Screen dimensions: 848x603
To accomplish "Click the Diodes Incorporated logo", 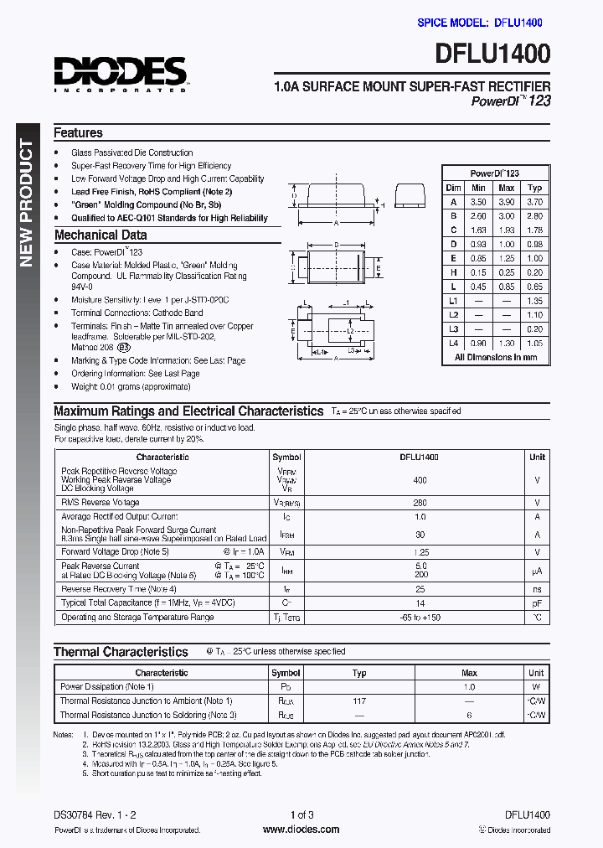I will click(x=121, y=73).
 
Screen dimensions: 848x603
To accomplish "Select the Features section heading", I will click(x=78, y=133).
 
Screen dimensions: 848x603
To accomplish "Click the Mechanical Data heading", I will click(x=100, y=235).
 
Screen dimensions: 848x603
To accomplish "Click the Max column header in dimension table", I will click(x=506, y=188).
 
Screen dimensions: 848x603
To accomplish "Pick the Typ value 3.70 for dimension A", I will click(x=535, y=202).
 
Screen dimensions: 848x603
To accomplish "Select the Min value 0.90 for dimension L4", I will click(x=478, y=344).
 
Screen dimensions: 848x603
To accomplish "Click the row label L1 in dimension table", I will click(x=454, y=301).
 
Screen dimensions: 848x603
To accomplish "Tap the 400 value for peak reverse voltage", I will click(x=420, y=480).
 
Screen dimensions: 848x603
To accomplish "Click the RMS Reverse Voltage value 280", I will click(x=420, y=503).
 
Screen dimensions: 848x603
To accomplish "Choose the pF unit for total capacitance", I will click(x=537, y=603).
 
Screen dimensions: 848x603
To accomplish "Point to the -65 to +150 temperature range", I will click(x=420, y=618).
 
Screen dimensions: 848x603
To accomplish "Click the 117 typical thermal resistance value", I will click(x=359, y=701).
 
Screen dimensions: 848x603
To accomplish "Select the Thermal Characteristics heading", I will click(x=121, y=652).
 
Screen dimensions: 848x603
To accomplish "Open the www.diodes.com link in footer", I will click(x=301, y=830).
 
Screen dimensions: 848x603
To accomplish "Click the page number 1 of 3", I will click(x=301, y=814).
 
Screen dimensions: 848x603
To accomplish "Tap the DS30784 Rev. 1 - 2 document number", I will click(x=94, y=814).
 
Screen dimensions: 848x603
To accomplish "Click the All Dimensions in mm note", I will click(x=495, y=358).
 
